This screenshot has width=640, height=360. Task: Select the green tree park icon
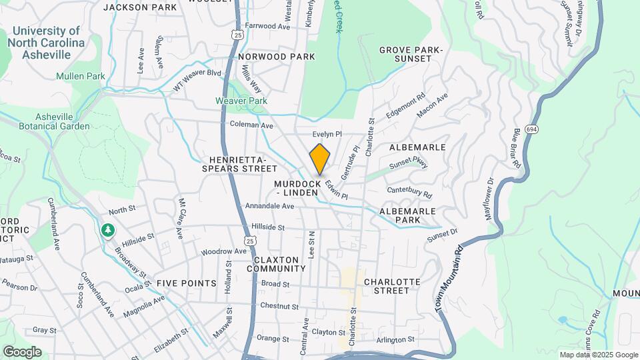[107, 230]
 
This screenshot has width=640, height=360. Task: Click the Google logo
[22, 351]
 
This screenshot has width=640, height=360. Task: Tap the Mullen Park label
[81, 77]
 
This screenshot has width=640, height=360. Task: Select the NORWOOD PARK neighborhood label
[276, 57]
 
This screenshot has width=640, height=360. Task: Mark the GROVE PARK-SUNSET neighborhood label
[411, 55]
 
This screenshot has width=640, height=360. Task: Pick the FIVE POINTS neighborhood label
[187, 283]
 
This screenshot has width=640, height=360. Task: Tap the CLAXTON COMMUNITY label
[276, 264]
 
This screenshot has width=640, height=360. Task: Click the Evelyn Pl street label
[327, 134]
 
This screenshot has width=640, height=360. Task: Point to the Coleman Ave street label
[251, 125]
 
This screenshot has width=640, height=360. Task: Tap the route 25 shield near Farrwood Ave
[238, 34]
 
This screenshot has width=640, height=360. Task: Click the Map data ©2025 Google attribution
[599, 355]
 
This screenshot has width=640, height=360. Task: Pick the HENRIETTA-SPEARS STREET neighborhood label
[238, 165]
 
